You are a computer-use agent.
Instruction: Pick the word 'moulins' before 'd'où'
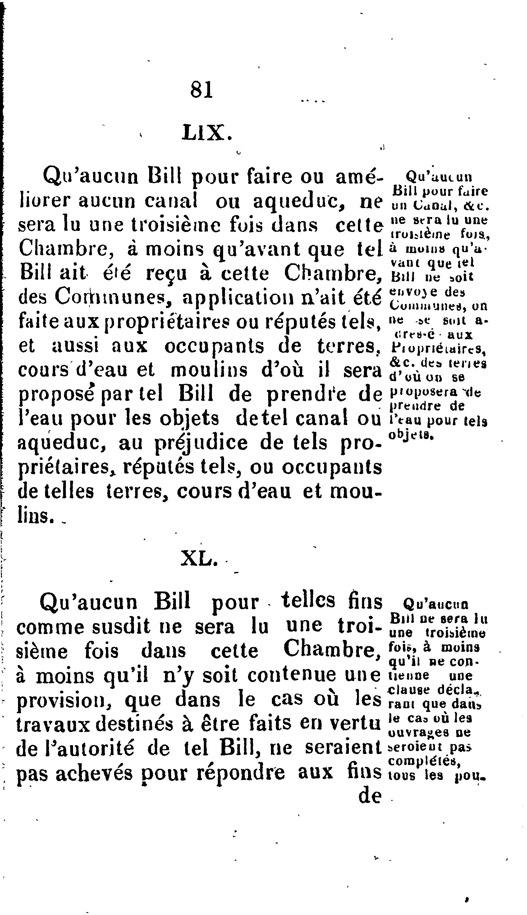point(209,370)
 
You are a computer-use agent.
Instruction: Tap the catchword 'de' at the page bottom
point(370,796)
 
